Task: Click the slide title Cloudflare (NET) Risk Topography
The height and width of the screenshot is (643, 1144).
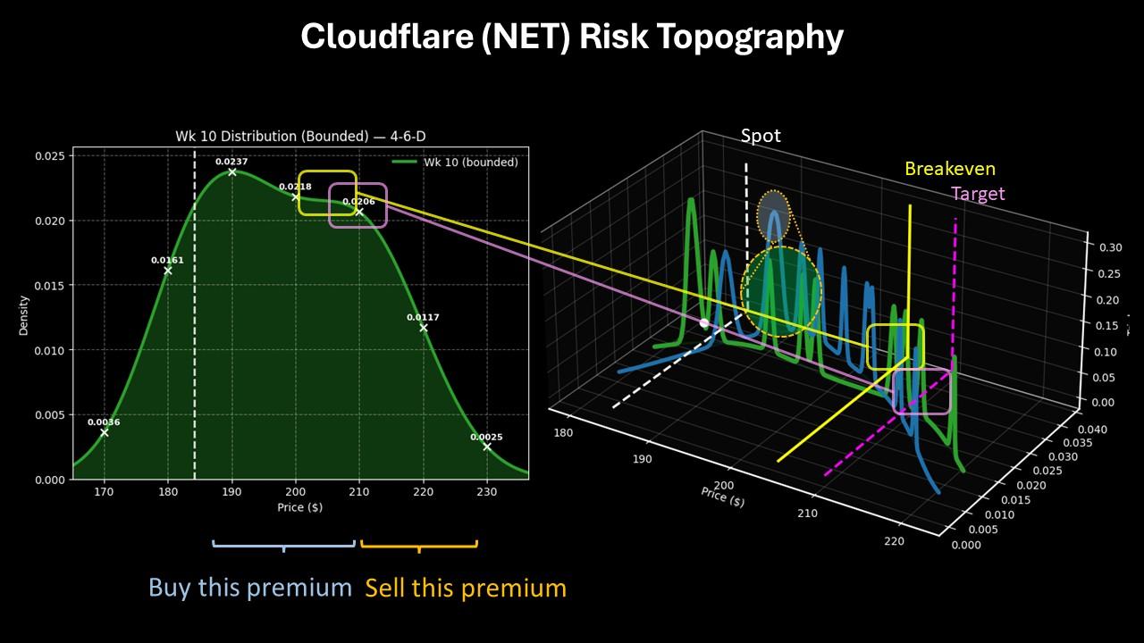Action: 572,38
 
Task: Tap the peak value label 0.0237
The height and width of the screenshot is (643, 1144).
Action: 231,162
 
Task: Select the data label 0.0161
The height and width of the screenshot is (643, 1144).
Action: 167,261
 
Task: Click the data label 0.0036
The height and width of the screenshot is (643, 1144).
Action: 104,422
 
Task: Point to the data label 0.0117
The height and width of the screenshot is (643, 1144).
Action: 423,318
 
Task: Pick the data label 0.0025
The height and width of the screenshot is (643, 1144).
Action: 486,438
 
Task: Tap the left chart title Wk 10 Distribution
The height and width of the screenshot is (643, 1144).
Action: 300,137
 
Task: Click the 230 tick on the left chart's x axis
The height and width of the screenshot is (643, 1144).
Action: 486,491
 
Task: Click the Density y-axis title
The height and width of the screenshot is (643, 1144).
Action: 24,318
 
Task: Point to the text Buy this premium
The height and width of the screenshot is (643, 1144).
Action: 250,588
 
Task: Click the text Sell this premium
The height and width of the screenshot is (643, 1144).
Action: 466,588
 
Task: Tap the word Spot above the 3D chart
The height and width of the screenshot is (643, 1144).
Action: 761,136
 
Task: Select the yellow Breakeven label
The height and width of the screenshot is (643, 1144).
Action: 949,169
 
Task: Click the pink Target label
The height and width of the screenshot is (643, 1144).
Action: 978,194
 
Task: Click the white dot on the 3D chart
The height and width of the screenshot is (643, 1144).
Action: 704,323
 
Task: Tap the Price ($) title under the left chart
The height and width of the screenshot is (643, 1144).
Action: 300,508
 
